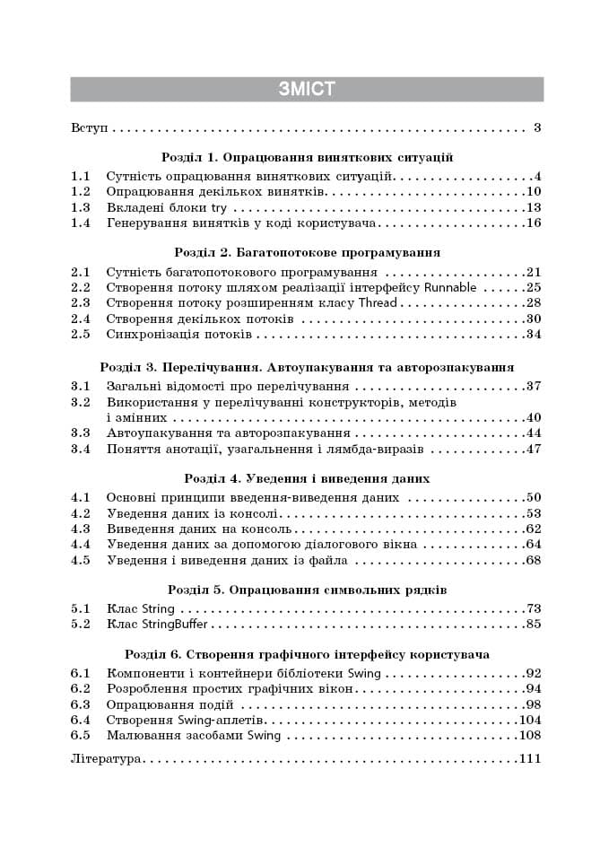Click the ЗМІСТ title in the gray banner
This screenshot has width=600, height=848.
[x=307, y=88]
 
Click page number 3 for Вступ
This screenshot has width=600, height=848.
[x=536, y=128]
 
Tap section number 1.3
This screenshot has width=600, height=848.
[x=81, y=207]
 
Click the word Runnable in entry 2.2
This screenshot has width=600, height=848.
[x=448, y=287]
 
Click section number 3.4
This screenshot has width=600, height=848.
[x=81, y=450]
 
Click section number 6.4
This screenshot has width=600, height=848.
[x=81, y=720]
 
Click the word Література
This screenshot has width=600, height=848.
[x=106, y=759]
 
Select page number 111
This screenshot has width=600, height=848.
[x=531, y=759]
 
